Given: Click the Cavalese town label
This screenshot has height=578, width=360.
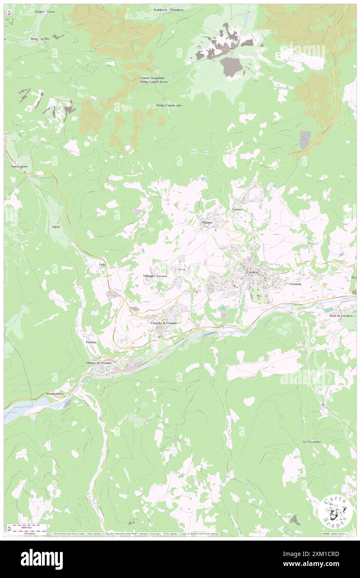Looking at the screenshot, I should pyautogui.click(x=252, y=272).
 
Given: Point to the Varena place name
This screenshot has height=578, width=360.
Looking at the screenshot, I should pyautogui.click(x=237, y=210).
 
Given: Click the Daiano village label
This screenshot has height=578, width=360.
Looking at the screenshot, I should pyautogui.click(x=207, y=222).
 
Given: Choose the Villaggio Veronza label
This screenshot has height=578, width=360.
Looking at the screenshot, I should pyautogui.click(x=155, y=276).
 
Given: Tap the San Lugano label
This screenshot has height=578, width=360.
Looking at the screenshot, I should pyautogui.click(x=19, y=166).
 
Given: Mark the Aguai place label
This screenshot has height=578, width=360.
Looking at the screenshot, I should pyautogui.click(x=56, y=227).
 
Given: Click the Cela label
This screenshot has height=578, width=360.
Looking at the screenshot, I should pyautogui.click(x=101, y=264).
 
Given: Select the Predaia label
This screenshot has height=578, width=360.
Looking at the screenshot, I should pyautogui.click(x=91, y=342).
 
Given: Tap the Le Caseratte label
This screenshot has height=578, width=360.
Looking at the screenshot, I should pyautogui.click(x=312, y=441).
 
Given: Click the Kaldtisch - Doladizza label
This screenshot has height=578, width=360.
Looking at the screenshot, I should pyautogui.click(x=171, y=9).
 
